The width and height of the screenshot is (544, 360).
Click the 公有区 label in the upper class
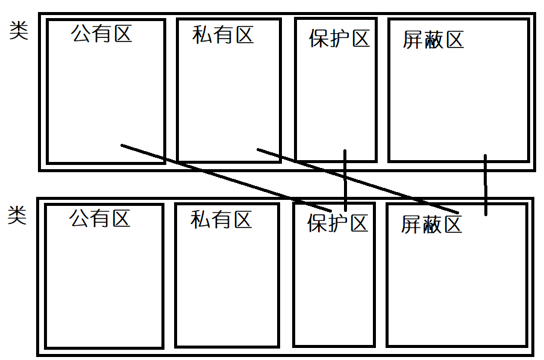click(101, 33)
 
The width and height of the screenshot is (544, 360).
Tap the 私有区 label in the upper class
click(223, 34)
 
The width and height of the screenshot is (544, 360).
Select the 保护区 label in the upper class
click(339, 39)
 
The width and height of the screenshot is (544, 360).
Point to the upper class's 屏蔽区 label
click(433, 40)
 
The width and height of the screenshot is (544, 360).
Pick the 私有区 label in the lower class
click(221, 219)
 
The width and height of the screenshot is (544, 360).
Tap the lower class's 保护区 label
click(337, 223)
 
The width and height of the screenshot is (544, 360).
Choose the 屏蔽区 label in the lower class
click(431, 225)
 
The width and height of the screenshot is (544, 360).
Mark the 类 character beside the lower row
click(17, 215)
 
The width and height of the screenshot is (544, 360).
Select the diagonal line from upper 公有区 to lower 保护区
click(226, 178)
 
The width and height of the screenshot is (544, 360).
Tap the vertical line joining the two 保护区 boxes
click(345, 181)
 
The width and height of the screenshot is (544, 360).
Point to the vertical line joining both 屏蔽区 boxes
click(486, 185)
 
